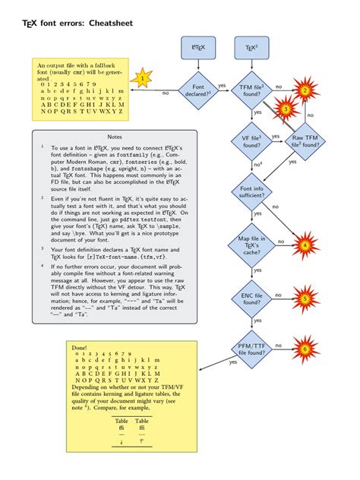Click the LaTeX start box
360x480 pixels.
[198, 49]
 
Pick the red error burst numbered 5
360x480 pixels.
[305, 299]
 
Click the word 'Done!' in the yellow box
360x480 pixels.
[80, 346]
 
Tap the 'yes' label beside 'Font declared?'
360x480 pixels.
[222, 85]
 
